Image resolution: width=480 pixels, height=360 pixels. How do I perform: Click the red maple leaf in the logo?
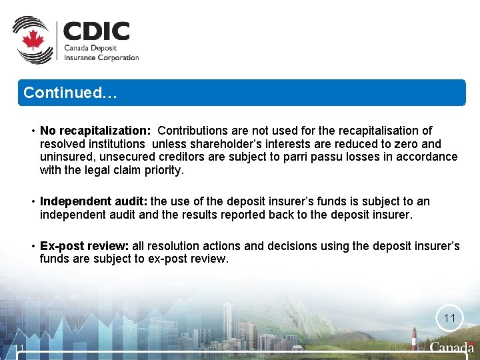pos(32,41)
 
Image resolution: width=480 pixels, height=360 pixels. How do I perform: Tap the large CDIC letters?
pos(97,32)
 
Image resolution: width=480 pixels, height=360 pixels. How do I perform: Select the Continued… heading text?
pos(70,93)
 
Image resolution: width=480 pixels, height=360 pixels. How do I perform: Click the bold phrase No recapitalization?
pos(95,131)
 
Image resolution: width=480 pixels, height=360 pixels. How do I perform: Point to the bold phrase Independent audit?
pos(94,201)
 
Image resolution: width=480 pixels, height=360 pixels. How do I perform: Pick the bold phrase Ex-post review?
pos(85,246)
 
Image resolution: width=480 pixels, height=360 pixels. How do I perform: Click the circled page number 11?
pos(449,319)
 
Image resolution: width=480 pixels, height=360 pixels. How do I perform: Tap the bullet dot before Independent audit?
pos(32,201)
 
